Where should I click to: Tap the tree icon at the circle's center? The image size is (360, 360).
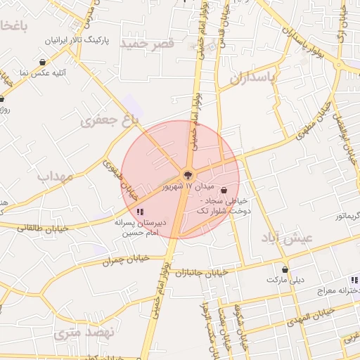[188, 174]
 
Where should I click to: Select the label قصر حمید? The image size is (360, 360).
[148, 44]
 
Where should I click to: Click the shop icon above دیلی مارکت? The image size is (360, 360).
[285, 269]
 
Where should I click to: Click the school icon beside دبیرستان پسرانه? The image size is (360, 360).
[141, 211]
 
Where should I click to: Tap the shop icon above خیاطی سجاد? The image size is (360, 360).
[224, 190]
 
